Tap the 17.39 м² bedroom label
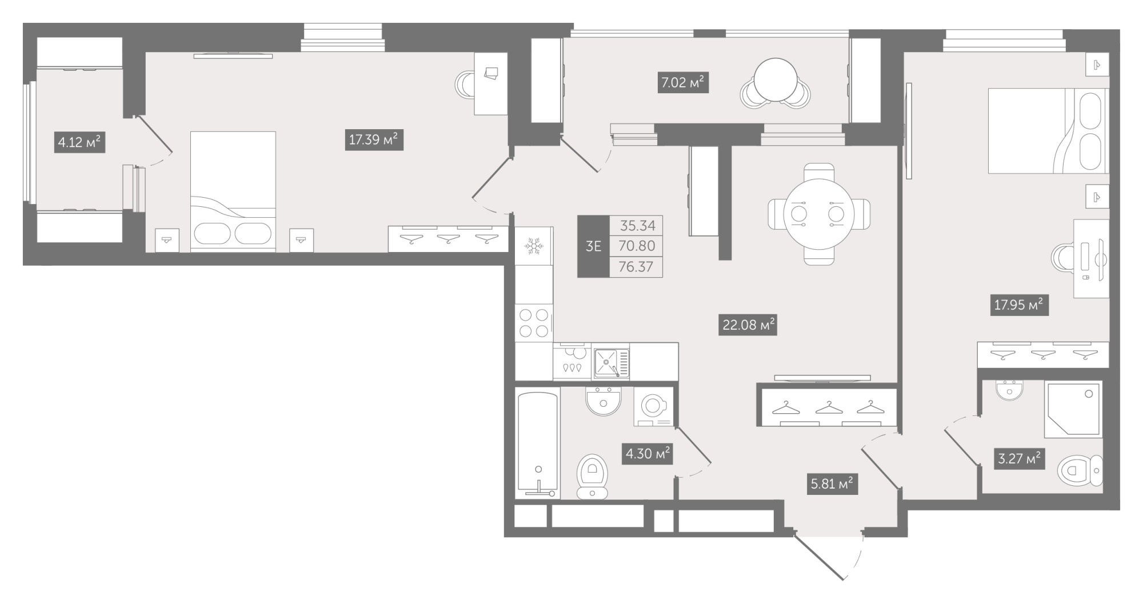click(x=374, y=139)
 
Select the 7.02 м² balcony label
click(x=683, y=83)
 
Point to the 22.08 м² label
click(x=748, y=325)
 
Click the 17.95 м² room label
click(x=1019, y=305)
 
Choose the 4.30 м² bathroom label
click(x=647, y=454)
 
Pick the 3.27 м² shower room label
click(x=1020, y=458)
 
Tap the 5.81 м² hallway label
click(x=832, y=485)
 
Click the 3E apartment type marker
click(x=593, y=246)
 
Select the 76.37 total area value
click(x=636, y=267)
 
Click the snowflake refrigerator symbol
click(x=534, y=247)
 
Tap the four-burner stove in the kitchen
click(x=534, y=323)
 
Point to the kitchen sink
click(x=612, y=363)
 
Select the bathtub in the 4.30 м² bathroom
click(x=538, y=444)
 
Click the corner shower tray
click(x=1073, y=410)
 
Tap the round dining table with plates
click(x=818, y=215)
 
